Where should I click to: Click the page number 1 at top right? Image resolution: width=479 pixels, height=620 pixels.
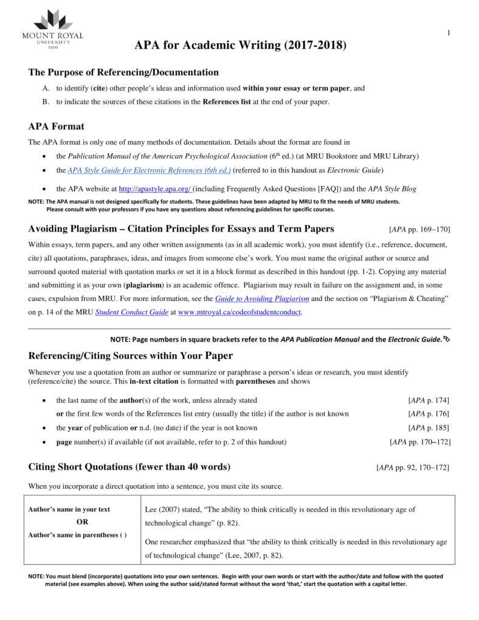448,33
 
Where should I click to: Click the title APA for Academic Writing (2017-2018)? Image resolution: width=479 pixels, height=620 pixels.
241,46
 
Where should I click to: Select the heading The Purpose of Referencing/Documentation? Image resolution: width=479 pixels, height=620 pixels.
123,72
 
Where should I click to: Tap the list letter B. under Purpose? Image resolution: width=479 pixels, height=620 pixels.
46,102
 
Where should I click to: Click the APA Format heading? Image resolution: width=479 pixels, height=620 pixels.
57,126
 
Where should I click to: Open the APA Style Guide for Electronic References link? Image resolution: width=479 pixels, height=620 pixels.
149,171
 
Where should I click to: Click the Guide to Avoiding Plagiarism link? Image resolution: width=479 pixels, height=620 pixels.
262,298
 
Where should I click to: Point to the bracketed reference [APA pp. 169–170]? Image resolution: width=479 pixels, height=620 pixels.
419,230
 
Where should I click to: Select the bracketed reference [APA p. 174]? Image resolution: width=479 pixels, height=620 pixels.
429,400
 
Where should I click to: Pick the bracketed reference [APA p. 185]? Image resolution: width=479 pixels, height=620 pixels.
429,427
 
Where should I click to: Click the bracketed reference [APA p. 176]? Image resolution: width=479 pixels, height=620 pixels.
429,413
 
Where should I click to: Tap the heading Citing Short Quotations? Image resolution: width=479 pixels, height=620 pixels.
129,467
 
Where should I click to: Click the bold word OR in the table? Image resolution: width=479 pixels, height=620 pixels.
82,522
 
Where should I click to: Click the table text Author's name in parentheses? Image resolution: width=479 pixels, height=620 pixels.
77,535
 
